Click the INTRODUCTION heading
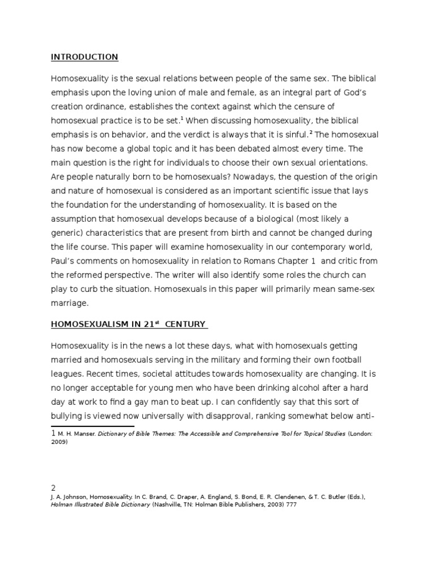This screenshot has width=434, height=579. [x=84, y=57]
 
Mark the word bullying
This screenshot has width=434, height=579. [x=70, y=416]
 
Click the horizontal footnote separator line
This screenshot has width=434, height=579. [x=93, y=426]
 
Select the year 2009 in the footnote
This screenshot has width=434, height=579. [x=59, y=442]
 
